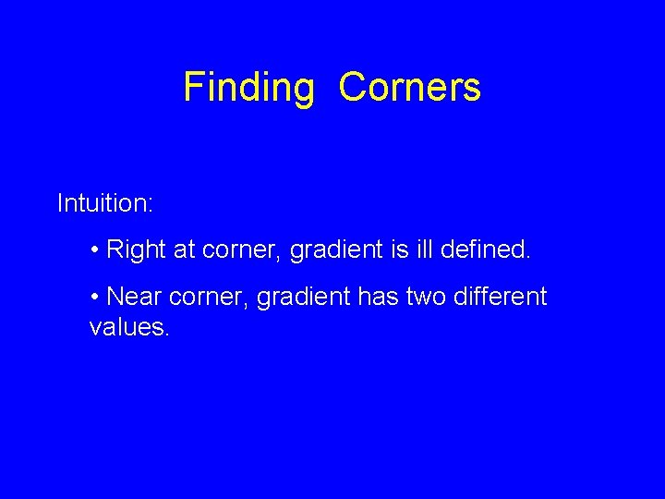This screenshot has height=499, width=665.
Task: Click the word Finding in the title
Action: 249,88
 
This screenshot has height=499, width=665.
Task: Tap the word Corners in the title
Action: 410,88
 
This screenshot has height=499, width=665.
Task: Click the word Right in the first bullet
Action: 135,249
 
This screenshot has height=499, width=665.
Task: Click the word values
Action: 127,326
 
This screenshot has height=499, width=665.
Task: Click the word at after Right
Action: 184,250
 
